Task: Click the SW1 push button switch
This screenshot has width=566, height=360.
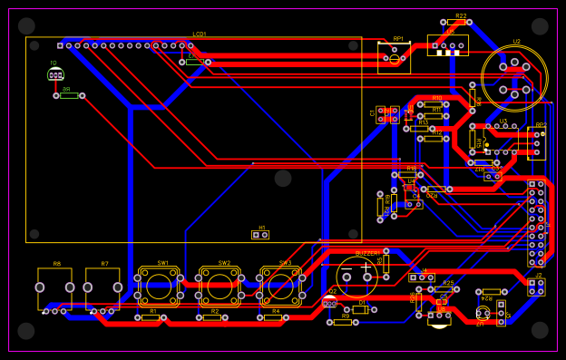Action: tap(159, 287)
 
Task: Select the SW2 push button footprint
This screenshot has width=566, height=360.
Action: tap(220, 287)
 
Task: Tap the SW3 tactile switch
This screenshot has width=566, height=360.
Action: tap(281, 287)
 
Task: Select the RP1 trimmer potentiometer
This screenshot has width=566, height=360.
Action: tap(394, 56)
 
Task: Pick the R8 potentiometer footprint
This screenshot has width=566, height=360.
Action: tap(55, 287)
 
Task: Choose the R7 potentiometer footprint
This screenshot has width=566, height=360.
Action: tap(102, 287)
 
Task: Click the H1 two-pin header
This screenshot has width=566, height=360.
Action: tap(260, 235)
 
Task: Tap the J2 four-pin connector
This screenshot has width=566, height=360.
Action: tap(537, 287)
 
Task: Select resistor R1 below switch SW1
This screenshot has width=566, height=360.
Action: tap(151, 317)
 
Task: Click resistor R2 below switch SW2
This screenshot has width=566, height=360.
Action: tap(214, 317)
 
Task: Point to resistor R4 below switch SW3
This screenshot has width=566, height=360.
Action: tap(276, 317)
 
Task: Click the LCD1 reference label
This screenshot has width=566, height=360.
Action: tap(200, 34)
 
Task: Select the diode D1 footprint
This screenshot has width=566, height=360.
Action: tap(360, 309)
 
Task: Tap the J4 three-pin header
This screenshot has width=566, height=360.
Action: tap(421, 277)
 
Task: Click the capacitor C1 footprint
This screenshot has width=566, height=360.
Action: tap(388, 114)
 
